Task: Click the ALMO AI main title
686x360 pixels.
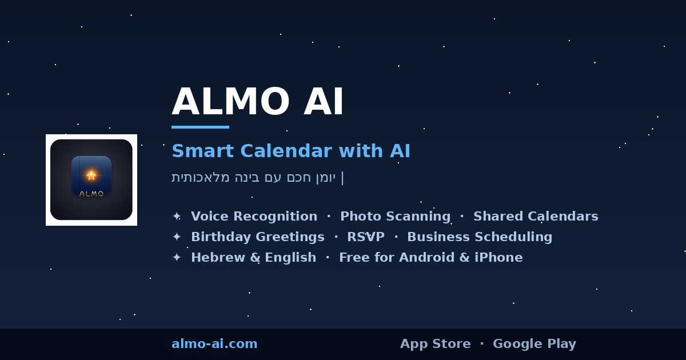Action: pos(257,102)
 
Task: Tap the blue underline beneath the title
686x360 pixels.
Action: pos(200,127)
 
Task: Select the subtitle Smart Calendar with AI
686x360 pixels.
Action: pos(290,151)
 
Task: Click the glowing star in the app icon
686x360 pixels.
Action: pos(91,175)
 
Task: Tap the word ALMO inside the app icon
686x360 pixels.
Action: pos(91,194)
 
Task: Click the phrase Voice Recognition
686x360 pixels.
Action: pos(254,217)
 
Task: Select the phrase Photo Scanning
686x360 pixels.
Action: pos(395,217)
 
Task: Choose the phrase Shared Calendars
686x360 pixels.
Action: pos(536,217)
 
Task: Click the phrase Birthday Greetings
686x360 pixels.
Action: pos(257,237)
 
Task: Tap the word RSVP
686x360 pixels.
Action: pos(366,237)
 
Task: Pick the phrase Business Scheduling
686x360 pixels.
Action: pos(480,237)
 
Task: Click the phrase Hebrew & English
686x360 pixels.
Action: pos(253,258)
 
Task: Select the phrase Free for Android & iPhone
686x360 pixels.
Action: pos(430,258)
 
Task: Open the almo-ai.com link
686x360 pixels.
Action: pos(214,344)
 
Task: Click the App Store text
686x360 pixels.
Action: pos(435,344)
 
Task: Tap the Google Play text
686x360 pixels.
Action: pos(534,344)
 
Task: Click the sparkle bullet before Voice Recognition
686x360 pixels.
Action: pos(177,217)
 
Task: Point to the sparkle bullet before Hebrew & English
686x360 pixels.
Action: pos(177,258)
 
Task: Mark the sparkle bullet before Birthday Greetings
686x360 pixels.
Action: pos(177,237)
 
